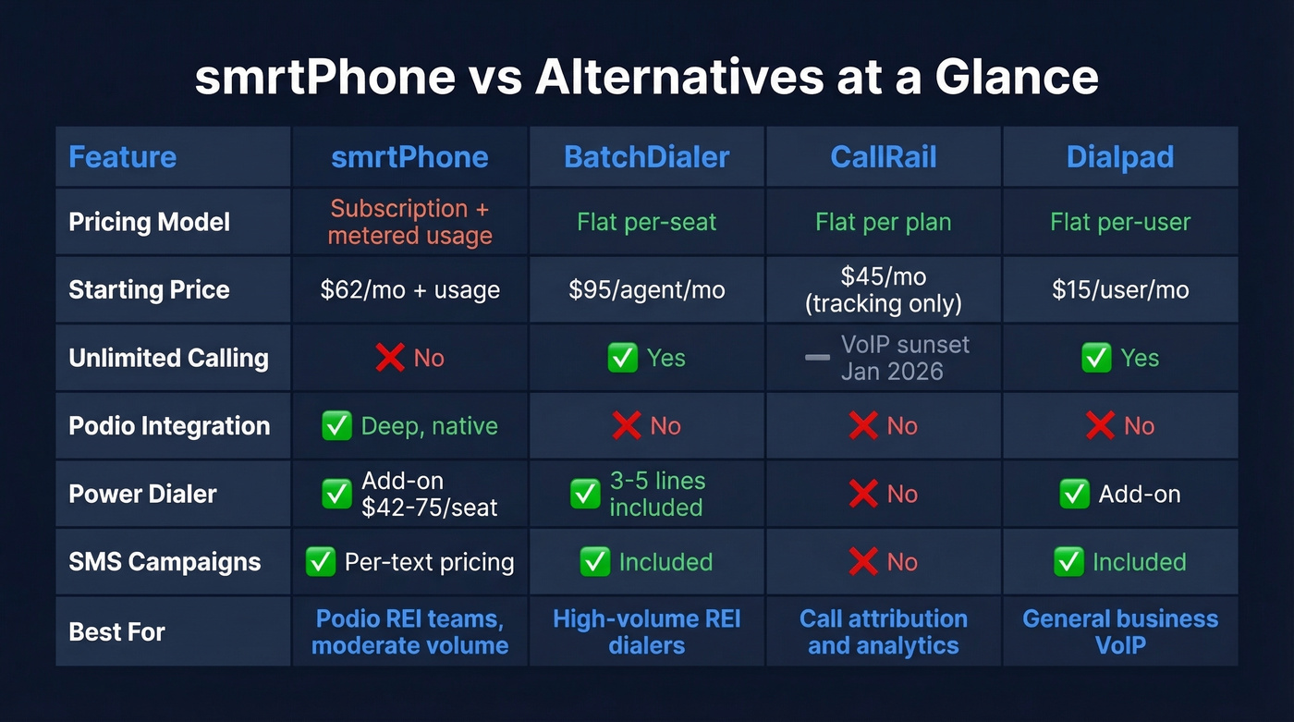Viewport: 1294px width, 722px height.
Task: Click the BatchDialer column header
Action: click(x=646, y=156)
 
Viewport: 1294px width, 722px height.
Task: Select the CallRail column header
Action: click(x=883, y=156)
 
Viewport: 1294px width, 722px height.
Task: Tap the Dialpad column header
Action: click(x=1119, y=156)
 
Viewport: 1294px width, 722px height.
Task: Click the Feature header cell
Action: click(x=122, y=156)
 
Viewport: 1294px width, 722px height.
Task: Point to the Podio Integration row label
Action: click(x=169, y=426)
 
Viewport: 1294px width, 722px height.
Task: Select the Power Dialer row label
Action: click(x=142, y=494)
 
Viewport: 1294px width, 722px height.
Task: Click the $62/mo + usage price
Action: click(x=409, y=289)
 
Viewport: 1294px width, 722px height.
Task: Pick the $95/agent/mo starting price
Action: click(x=646, y=289)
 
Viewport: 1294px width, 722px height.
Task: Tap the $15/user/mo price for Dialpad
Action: click(x=1119, y=289)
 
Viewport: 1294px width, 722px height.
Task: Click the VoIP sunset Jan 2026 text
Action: click(x=904, y=358)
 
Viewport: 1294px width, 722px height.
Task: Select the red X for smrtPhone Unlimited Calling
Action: click(x=390, y=358)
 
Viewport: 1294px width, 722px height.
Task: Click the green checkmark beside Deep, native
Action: click(x=336, y=426)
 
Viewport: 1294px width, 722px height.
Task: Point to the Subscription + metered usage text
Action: click(x=409, y=222)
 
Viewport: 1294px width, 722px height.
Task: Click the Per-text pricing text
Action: click(x=429, y=562)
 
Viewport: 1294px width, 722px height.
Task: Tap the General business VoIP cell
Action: click(x=1119, y=631)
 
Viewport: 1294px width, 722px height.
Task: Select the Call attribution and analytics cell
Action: click(x=883, y=631)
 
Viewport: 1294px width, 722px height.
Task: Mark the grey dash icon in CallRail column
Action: click(x=817, y=358)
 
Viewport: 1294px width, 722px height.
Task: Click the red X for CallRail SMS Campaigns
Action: click(x=862, y=562)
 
